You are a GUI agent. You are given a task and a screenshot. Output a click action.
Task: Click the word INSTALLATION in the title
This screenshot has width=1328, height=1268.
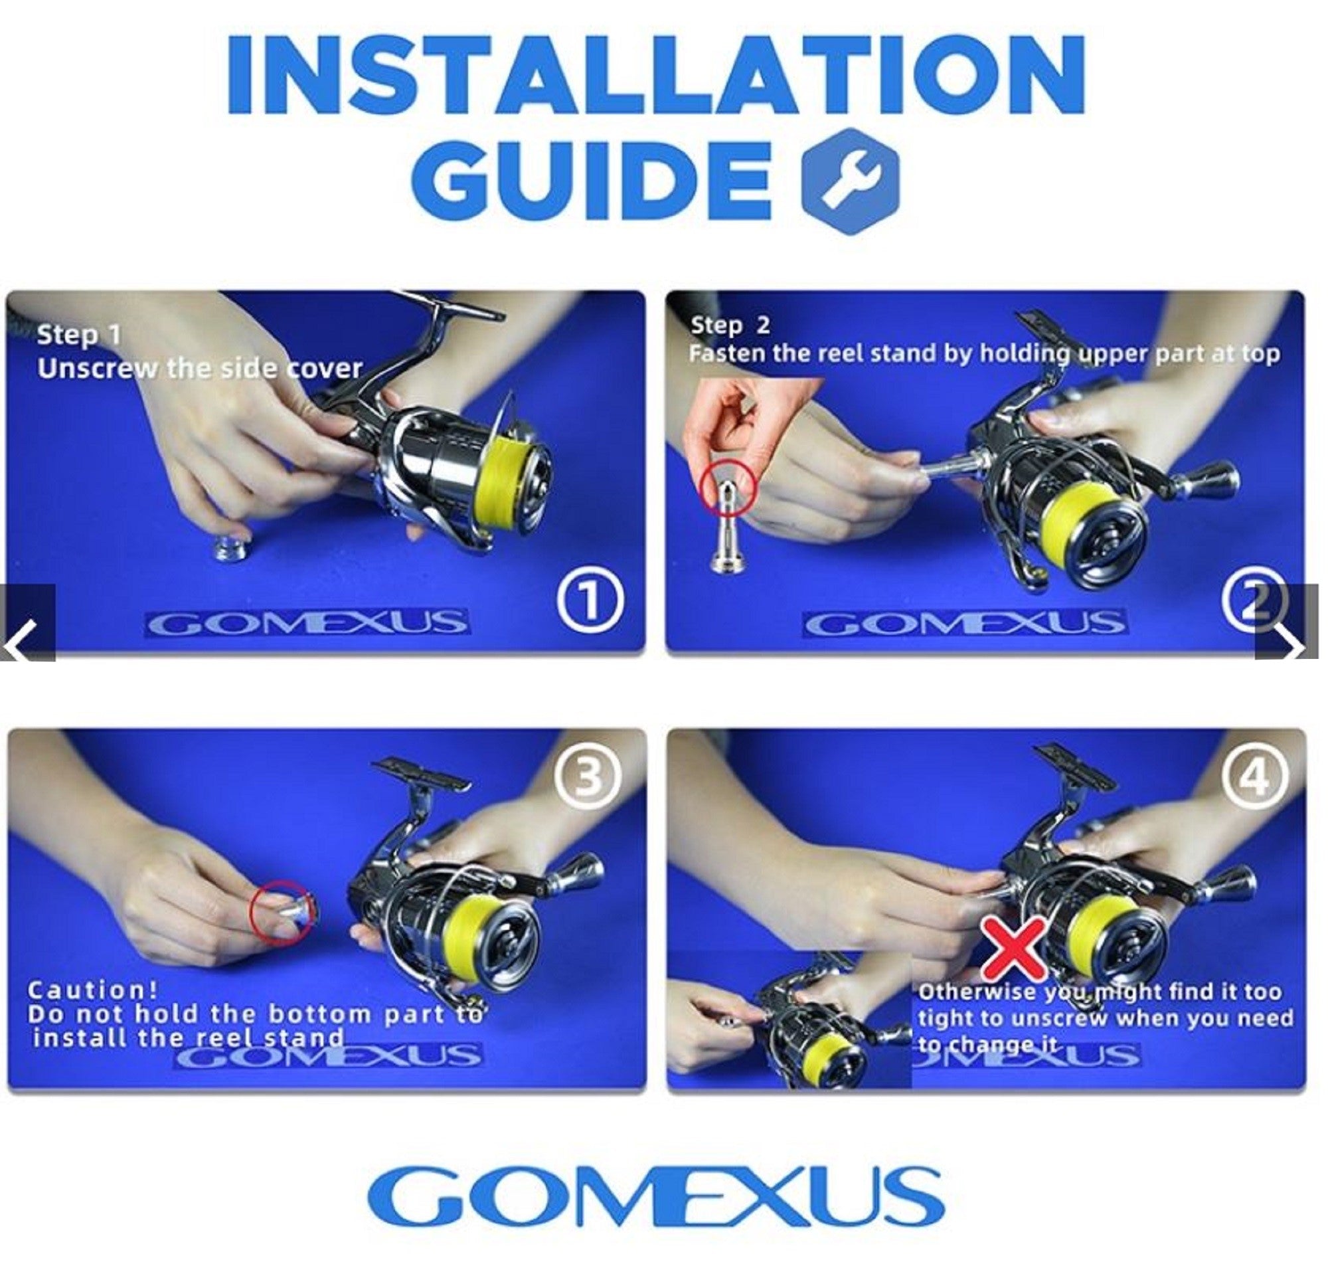pos(654,76)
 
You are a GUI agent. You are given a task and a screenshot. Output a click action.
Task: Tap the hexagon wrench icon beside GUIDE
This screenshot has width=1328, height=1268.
pos(849,181)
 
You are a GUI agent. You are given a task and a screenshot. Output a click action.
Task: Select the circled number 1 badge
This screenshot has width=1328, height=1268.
pos(590,601)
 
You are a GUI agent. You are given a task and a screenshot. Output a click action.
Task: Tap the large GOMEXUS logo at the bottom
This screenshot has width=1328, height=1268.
pos(654,1194)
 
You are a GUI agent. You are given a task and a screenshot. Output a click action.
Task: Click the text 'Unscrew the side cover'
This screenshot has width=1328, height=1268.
pos(200,369)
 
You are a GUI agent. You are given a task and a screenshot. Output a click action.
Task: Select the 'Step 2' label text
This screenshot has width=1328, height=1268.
pos(730,325)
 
